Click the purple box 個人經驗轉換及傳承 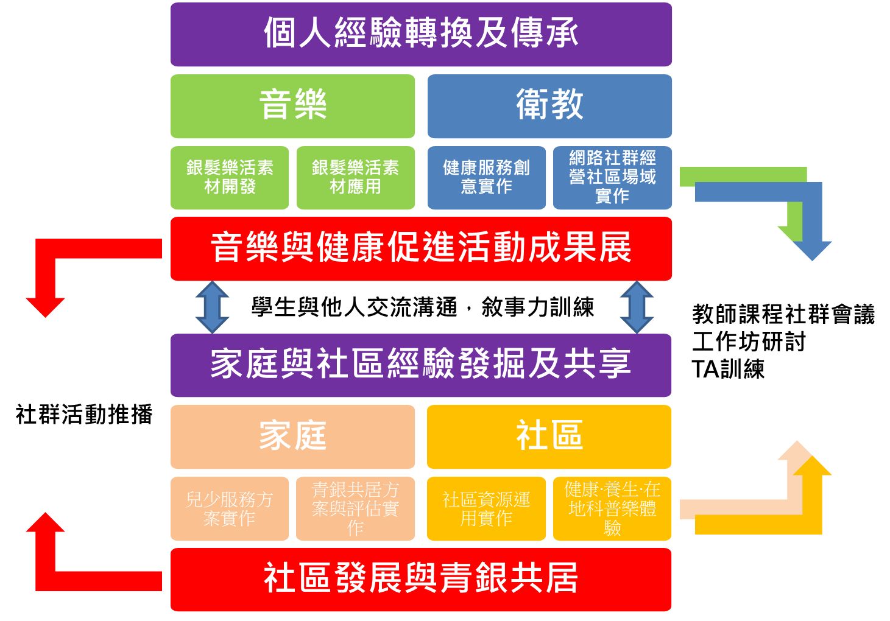coord(421,34)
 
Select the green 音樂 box coord(292,106)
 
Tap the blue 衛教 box coord(549,106)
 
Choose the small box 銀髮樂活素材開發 coord(230,177)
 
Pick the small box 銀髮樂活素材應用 coord(355,177)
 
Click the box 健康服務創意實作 coord(486,177)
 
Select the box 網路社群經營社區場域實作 coord(612,177)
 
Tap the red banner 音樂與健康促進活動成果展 coord(421,248)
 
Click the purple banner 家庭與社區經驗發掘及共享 coord(421,365)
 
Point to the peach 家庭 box coord(292,437)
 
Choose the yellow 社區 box coord(549,437)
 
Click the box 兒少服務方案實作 coord(230,508)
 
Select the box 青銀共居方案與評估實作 coord(355,508)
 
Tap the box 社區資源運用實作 coord(486,508)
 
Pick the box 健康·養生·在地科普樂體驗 coord(612,508)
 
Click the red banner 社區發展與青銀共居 coord(421,579)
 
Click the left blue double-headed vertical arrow coord(212,307)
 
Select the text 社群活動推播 coord(84,415)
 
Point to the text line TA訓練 coord(728,369)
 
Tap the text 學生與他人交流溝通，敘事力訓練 coord(422,307)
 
